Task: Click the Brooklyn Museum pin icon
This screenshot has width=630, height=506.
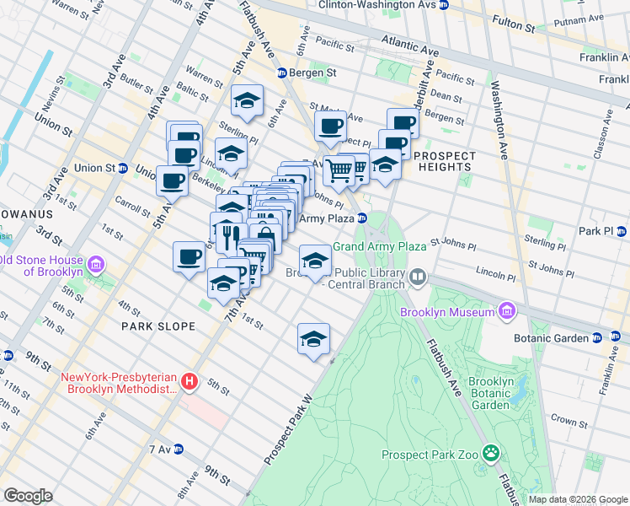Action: (x=506, y=312)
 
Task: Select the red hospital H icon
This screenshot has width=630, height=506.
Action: (x=190, y=383)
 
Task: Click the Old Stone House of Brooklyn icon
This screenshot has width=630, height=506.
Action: (x=96, y=266)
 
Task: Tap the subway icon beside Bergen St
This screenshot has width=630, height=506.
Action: (x=281, y=73)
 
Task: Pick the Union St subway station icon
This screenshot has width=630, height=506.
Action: (x=124, y=168)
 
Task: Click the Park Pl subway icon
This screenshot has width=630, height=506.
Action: (x=622, y=231)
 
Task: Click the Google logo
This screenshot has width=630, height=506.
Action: (x=28, y=496)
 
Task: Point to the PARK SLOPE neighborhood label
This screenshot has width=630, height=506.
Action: (x=157, y=326)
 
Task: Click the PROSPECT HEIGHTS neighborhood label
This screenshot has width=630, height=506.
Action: (x=444, y=161)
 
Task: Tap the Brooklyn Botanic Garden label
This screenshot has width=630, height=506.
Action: (x=492, y=393)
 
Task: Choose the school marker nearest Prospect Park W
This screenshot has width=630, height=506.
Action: (x=313, y=338)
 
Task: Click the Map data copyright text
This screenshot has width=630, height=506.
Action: (x=577, y=498)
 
